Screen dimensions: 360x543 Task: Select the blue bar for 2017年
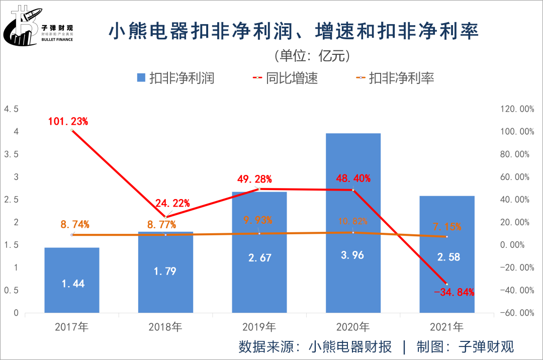72,280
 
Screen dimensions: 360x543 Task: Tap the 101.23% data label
68,121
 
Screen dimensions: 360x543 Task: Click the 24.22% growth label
172,203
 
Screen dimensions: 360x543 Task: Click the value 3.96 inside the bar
353,255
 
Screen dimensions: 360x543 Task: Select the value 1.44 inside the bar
72,284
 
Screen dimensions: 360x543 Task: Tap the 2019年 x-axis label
259,327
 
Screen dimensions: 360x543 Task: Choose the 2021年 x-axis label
446,327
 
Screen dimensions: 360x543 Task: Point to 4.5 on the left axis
11,109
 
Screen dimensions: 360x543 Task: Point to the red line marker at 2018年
165,217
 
